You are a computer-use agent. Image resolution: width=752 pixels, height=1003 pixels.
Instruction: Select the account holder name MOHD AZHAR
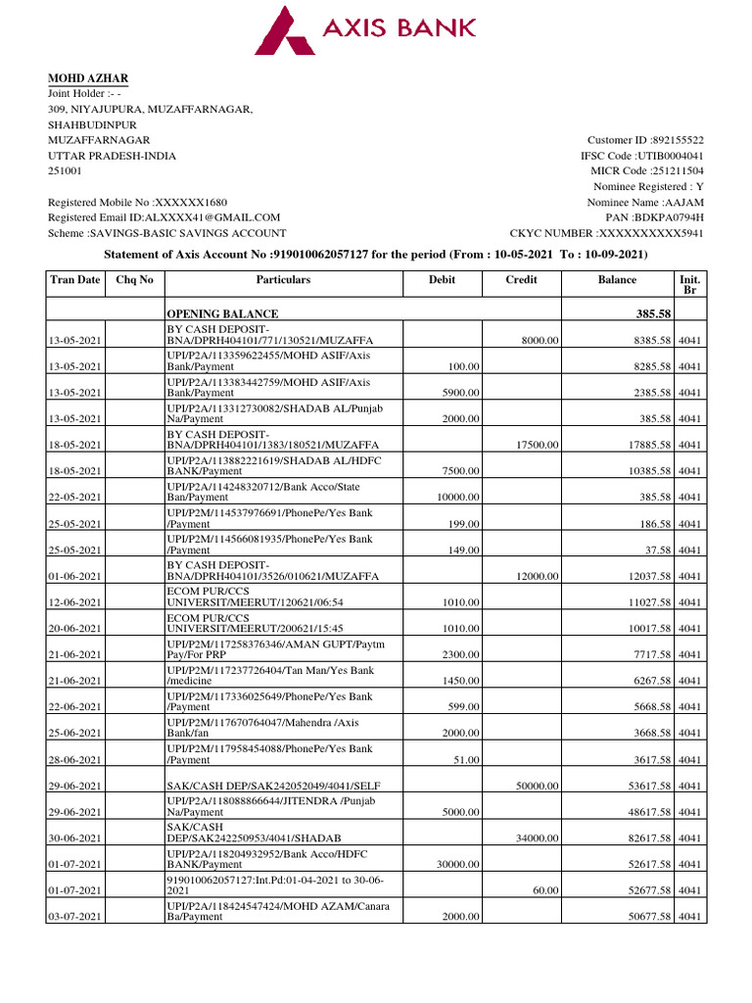pyautogui.click(x=88, y=78)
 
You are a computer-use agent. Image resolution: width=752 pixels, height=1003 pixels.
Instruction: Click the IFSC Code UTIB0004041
pyautogui.click(x=670, y=156)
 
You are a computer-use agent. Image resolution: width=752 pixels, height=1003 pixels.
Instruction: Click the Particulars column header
pyautogui.click(x=283, y=279)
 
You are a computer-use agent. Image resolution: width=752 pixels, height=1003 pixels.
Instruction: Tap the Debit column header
pyautogui.click(x=442, y=279)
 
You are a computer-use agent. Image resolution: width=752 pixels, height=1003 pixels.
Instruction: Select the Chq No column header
pyautogui.click(x=134, y=279)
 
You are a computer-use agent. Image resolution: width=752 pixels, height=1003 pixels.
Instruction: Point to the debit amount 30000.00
pyautogui.click(x=457, y=864)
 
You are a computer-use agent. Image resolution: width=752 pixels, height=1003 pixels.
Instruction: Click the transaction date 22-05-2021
pyautogui.click(x=75, y=498)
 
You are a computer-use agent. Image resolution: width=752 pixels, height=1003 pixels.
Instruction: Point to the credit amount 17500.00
pyautogui.click(x=538, y=445)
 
